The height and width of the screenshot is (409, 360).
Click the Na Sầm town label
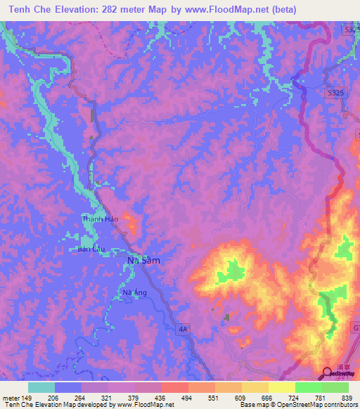point(143,260)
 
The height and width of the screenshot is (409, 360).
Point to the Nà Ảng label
point(134,293)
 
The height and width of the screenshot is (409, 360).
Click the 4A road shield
point(184,328)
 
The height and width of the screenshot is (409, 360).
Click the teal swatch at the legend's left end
point(41,387)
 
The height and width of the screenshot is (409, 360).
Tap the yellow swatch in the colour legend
point(282,387)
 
